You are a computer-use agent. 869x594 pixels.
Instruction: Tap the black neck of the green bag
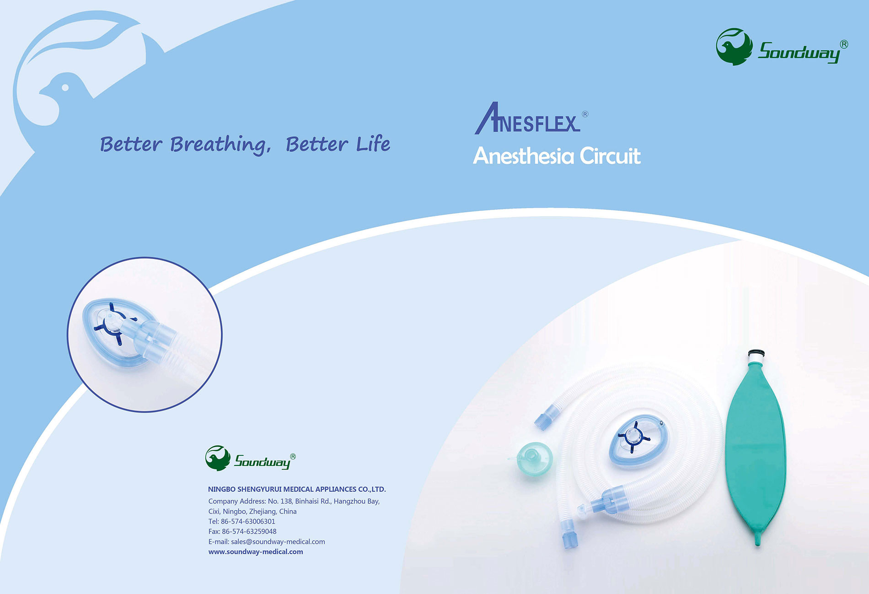[756, 354]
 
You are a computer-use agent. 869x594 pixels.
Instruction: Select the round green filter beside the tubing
[534, 459]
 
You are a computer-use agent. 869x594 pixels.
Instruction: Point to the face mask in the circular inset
[117, 330]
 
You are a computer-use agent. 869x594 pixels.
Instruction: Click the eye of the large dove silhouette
[65, 87]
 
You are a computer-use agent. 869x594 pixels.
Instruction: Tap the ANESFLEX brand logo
[531, 118]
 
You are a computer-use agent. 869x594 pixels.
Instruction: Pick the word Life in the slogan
[373, 144]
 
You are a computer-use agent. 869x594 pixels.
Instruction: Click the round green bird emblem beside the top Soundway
[734, 47]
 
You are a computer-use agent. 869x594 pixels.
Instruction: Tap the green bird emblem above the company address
[218, 458]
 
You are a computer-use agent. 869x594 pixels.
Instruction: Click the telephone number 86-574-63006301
[248, 521]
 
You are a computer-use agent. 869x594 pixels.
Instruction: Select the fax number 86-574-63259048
[249, 531]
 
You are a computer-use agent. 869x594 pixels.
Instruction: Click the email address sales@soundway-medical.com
[278, 541]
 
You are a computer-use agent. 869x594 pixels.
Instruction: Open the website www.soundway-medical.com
[256, 551]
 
